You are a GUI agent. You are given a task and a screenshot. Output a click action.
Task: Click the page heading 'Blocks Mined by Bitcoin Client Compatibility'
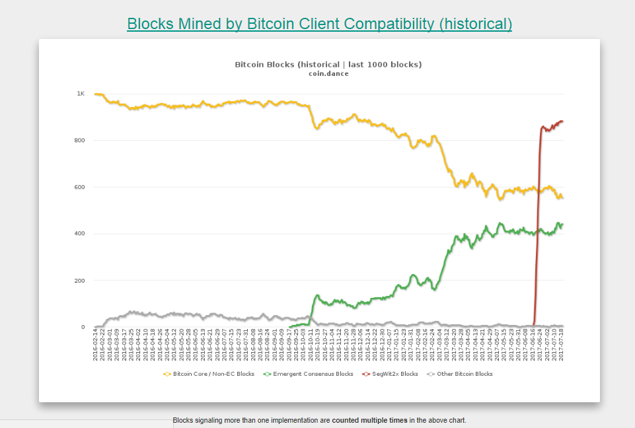click(x=319, y=24)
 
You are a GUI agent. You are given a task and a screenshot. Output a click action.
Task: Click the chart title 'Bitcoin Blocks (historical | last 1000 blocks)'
click(x=328, y=64)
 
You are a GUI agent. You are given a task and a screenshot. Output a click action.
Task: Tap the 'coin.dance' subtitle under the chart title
click(x=328, y=73)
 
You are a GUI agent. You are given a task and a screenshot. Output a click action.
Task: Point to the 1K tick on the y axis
click(x=80, y=94)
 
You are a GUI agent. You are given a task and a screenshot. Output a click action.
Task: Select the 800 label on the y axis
click(x=79, y=141)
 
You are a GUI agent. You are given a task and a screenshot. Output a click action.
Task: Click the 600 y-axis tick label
click(x=79, y=187)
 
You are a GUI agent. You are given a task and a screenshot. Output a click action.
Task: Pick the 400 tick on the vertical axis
click(x=79, y=234)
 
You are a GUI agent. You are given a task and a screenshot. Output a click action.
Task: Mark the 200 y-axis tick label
click(x=79, y=281)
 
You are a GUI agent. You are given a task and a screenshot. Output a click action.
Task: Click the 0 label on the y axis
click(x=83, y=327)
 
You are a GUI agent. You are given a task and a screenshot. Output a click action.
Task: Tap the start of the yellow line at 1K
click(x=96, y=94)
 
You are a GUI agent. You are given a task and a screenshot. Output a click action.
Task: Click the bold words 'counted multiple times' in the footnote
click(x=369, y=420)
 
